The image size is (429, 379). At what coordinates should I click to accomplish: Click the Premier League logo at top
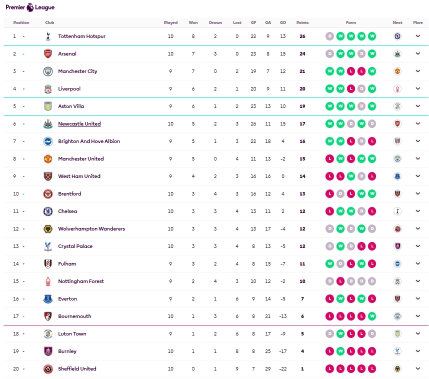[30, 7]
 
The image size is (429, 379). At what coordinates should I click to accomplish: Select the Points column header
[302, 22]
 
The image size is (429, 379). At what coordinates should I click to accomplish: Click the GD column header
[283, 22]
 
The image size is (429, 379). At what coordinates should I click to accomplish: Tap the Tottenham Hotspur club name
[81, 36]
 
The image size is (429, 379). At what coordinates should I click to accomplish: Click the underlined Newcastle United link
[79, 124]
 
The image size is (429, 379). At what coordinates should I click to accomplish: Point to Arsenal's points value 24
[302, 54]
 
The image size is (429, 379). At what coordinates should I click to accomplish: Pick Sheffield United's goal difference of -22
[283, 369]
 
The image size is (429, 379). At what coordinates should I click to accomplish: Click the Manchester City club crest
[48, 71]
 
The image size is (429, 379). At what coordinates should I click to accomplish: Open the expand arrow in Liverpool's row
[418, 89]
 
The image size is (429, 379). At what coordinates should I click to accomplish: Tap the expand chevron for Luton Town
[418, 334]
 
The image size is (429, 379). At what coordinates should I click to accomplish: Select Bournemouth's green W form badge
[371, 316]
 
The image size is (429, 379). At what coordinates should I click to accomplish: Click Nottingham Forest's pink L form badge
[340, 281]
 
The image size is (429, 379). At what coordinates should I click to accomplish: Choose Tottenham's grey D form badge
[329, 36]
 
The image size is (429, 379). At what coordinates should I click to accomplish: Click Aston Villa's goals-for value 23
[253, 106]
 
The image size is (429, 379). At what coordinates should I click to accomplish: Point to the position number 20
[15, 369]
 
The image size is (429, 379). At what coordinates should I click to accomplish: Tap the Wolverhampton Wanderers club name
[91, 229]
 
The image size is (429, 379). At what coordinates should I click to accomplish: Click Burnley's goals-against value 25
[268, 351]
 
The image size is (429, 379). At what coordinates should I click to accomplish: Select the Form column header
[351, 22]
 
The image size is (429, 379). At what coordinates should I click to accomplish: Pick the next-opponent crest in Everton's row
[397, 299]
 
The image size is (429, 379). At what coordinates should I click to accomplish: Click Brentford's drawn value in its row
[215, 194]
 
